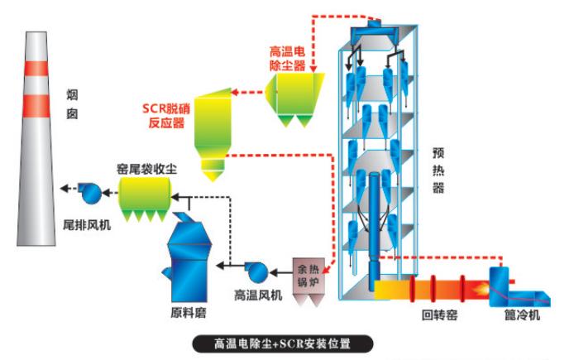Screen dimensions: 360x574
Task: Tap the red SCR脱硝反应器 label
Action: click(169, 115)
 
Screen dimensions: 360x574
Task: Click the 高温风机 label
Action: click(258, 294)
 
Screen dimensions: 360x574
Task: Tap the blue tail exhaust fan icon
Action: click(89, 193)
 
